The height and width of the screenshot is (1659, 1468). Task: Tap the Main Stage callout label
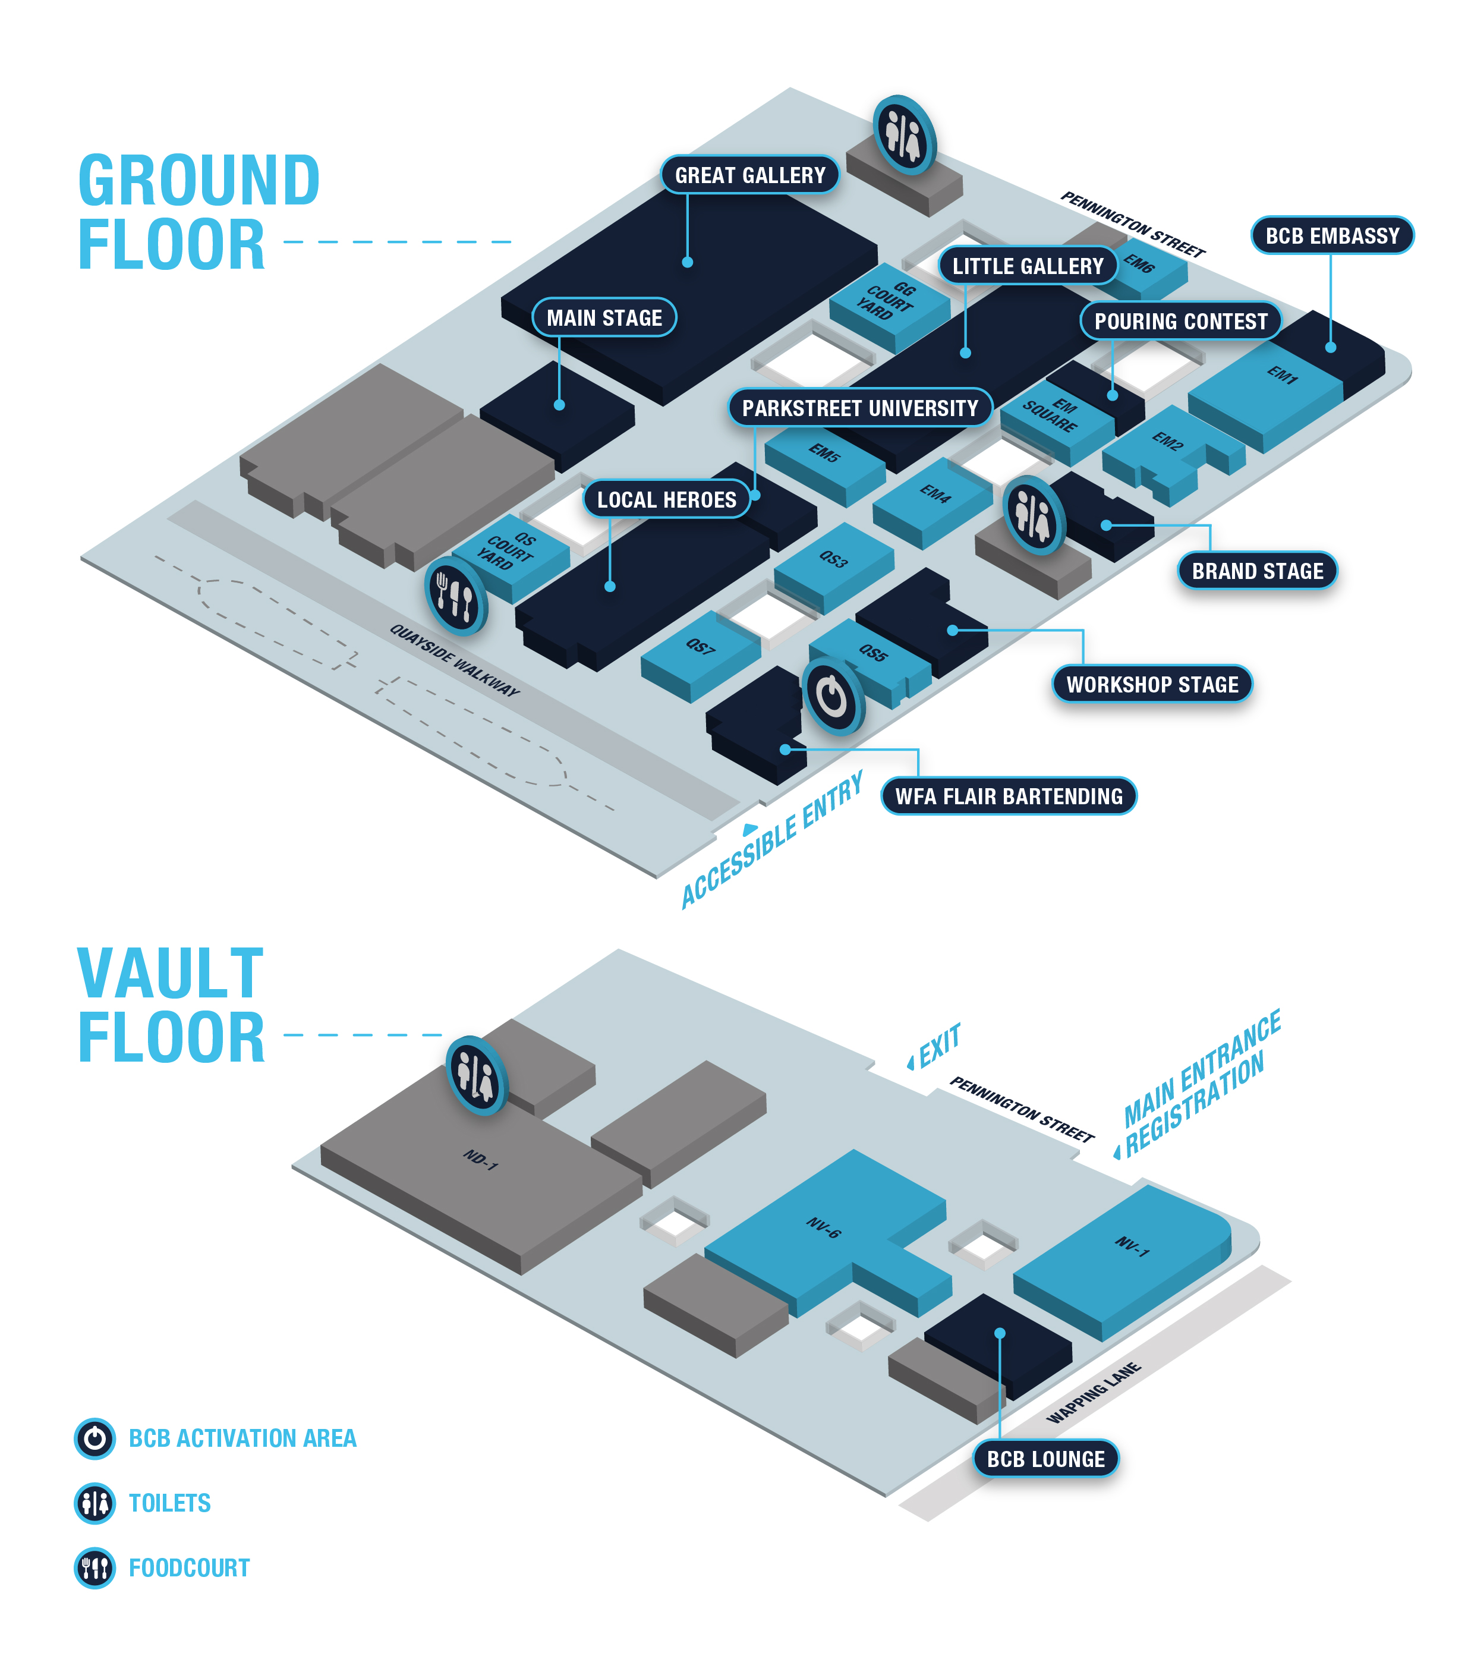pos(604,317)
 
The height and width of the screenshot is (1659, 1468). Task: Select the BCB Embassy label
pos(1332,235)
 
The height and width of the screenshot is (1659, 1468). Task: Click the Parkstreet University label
pos(859,407)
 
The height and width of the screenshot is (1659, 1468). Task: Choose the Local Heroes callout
pos(666,500)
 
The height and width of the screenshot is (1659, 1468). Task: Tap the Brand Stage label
pos(1256,571)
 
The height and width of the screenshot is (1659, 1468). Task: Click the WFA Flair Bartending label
pos(1008,797)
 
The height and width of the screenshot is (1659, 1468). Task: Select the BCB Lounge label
pos(1045,1459)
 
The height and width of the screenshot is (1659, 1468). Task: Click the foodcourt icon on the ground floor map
pos(455,596)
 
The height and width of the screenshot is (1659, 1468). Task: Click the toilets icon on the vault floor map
pos(476,1075)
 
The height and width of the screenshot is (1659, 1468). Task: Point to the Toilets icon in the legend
pos(95,1503)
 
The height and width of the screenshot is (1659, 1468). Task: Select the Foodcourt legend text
pos(189,1568)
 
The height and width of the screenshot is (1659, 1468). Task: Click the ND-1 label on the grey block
pos(480,1160)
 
